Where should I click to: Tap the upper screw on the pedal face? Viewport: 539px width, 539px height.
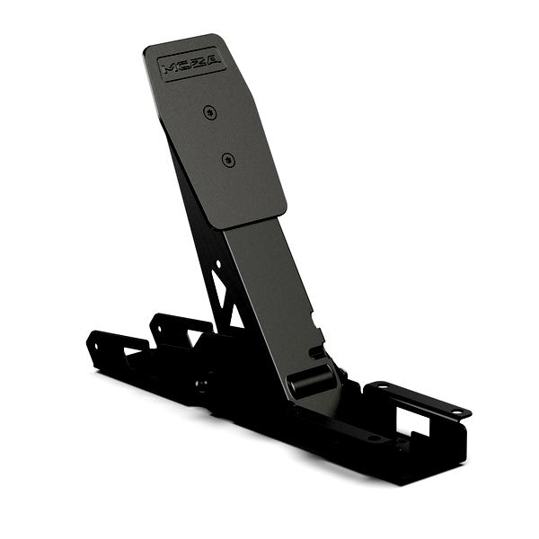point(209,112)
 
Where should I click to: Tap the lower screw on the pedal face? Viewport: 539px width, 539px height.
point(229,160)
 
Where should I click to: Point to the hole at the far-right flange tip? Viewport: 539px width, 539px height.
point(456,411)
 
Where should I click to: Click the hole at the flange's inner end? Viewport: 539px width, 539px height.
point(381,387)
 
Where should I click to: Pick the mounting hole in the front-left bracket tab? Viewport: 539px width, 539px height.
point(95,347)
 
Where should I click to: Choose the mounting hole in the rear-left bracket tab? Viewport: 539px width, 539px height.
point(160,328)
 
